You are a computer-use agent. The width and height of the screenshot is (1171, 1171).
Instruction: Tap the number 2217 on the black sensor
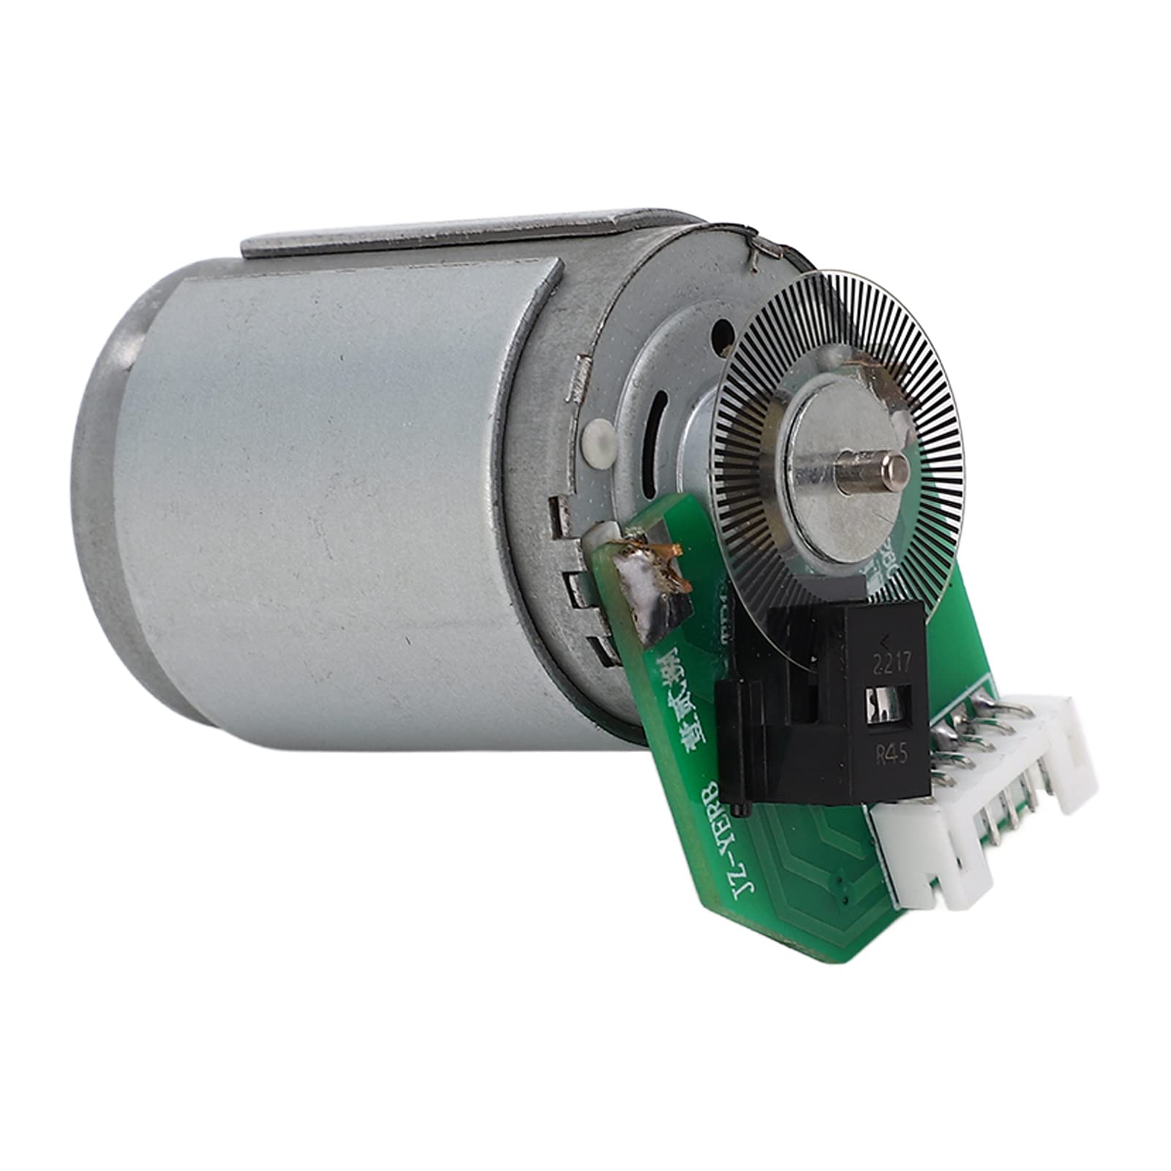tap(887, 666)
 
